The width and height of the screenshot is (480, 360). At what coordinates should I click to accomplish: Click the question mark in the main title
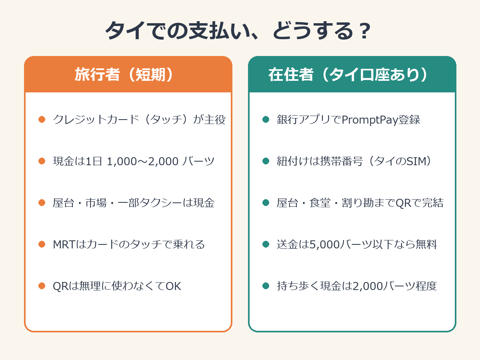point(364,31)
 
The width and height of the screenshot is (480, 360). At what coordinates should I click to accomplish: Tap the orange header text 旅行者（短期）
point(124,74)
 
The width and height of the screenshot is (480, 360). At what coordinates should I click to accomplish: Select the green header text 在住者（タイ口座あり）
point(348,74)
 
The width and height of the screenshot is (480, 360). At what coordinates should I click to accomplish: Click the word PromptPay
point(370,120)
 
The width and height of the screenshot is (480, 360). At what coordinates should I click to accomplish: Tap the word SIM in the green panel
point(416,161)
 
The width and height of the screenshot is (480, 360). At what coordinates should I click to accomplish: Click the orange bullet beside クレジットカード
point(42,120)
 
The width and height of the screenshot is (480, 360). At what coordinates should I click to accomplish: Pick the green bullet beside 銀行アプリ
point(266,120)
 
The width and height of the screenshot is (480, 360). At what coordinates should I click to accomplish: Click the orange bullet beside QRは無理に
point(42,286)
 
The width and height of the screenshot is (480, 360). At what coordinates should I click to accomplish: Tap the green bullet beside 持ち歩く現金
point(266,286)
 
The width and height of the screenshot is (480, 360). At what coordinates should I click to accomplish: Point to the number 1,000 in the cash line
point(122,161)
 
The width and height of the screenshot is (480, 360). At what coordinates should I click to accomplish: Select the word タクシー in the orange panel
point(161,203)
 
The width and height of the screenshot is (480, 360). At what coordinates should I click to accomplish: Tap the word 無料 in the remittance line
point(426,244)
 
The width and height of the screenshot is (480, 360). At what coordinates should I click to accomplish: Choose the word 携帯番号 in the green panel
point(342,161)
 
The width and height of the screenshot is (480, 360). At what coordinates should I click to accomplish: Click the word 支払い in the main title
point(220,31)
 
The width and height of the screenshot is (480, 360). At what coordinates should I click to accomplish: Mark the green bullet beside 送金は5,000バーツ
point(266,244)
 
